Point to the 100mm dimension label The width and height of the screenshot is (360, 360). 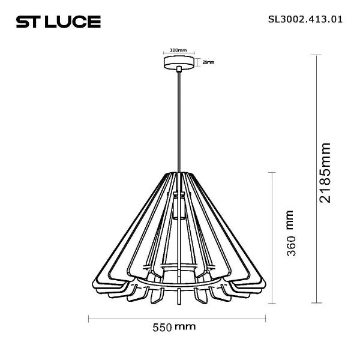pyautogui.click(x=178, y=50)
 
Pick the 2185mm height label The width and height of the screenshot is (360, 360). pyautogui.click(x=325, y=172)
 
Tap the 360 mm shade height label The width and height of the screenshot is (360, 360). pyautogui.click(x=291, y=234)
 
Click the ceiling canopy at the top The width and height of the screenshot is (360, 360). pyautogui.click(x=179, y=63)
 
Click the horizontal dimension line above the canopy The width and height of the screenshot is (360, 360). pyautogui.click(x=179, y=54)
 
